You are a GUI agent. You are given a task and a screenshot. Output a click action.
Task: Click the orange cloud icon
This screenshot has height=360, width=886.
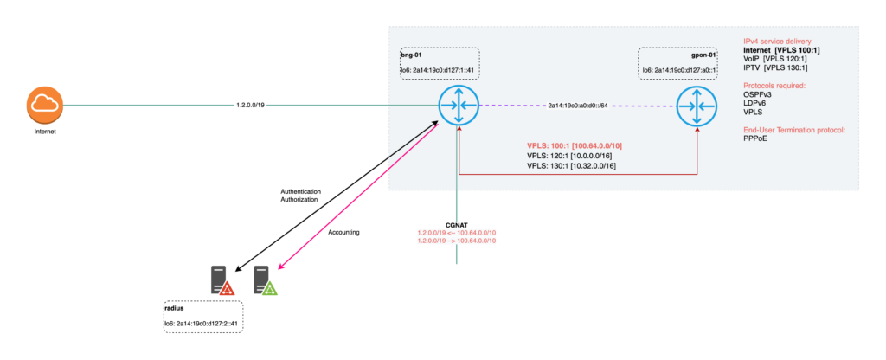[41, 105]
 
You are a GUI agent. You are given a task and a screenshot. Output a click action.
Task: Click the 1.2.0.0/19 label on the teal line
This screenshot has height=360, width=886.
[250, 106]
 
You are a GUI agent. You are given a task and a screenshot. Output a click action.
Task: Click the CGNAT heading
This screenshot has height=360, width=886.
[456, 224]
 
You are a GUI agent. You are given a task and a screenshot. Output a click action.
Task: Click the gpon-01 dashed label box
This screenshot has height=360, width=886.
[677, 63]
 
